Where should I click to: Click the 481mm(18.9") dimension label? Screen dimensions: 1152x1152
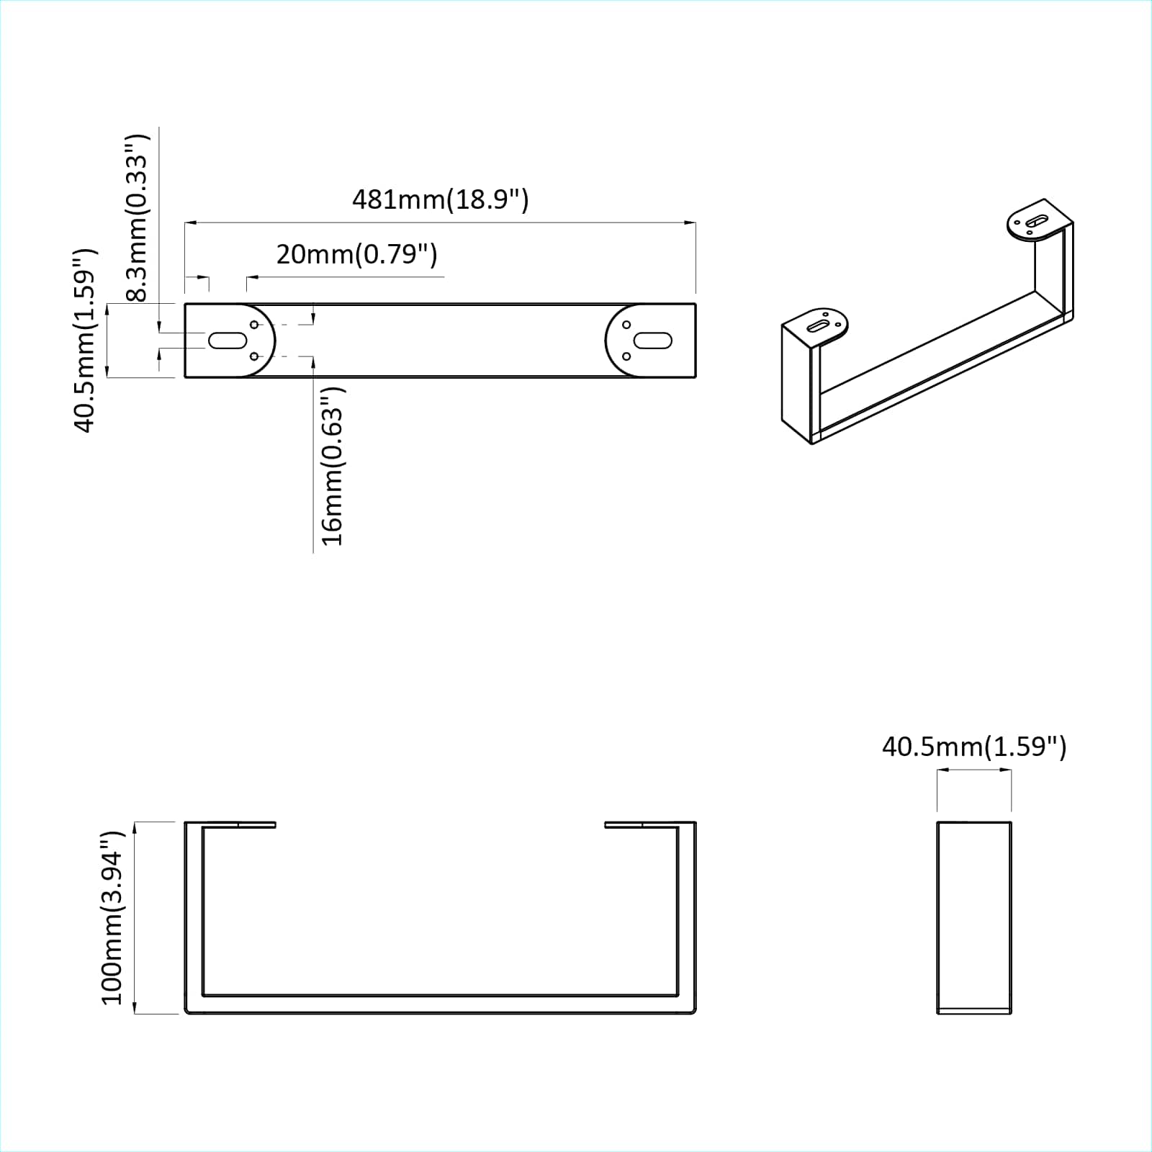pyautogui.click(x=440, y=199)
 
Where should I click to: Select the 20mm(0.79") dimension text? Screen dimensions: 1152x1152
pyautogui.click(x=356, y=254)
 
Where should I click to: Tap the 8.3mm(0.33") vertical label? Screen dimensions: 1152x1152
pyautogui.click(x=136, y=217)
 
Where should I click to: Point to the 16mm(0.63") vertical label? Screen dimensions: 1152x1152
pyautogui.click(x=332, y=466)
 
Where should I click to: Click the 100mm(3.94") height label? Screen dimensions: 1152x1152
pyautogui.click(x=112, y=917)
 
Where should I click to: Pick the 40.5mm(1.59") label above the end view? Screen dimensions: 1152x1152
pyautogui.click(x=973, y=747)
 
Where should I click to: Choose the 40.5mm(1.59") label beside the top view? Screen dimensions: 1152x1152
pyautogui.click(x=84, y=341)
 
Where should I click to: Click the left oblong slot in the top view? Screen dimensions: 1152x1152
pyautogui.click(x=228, y=340)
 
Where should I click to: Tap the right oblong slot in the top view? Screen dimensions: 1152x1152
pyautogui.click(x=653, y=340)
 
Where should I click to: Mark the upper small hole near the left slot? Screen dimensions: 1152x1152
pyautogui.click(x=254, y=324)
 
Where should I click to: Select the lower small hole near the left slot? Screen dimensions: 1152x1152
pyautogui.click(x=254, y=356)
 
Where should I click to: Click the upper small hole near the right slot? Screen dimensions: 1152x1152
pyautogui.click(x=626, y=325)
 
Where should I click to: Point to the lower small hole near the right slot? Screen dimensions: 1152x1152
pyautogui.click(x=626, y=356)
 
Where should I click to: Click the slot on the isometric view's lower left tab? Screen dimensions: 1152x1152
pyautogui.click(x=818, y=326)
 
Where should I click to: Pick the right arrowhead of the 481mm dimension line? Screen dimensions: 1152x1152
pyautogui.click(x=690, y=223)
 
